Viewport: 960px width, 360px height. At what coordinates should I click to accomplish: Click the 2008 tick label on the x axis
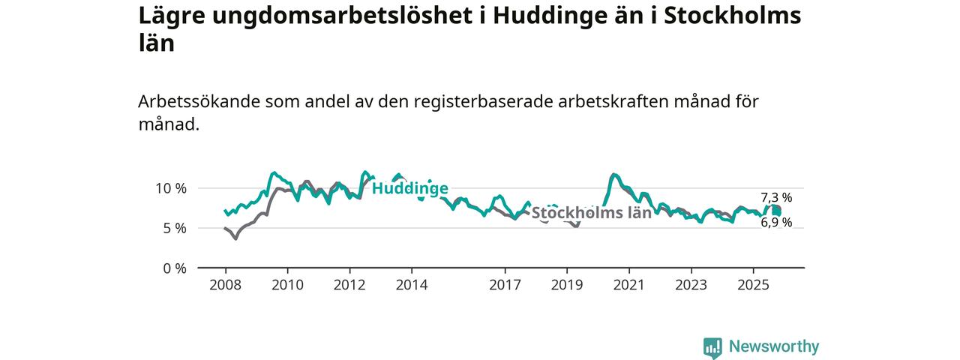pos(225,285)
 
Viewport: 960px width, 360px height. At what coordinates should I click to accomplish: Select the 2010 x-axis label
pos(287,285)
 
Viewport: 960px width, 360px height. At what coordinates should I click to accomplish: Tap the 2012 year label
pos(349,285)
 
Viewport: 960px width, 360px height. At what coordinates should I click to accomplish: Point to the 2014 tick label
pos(412,285)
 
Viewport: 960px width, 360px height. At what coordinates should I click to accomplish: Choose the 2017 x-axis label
pos(505,285)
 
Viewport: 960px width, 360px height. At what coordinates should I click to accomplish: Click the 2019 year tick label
pos(567,285)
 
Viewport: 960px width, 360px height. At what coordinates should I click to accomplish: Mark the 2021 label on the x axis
pos(628,285)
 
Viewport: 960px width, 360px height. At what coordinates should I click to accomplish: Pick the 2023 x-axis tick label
pos(691,285)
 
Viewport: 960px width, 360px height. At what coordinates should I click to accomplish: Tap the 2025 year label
pos(753,285)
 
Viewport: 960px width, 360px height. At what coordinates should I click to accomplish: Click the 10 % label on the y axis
pos(172,188)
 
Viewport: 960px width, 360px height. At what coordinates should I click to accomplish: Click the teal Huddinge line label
pos(409,188)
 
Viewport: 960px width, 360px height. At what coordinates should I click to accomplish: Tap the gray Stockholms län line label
pos(591,212)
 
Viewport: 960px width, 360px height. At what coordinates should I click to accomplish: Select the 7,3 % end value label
pos(776,198)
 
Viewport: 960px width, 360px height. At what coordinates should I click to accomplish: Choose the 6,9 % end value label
pos(776,223)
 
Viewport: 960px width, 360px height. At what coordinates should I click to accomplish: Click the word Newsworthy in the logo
pos(774,346)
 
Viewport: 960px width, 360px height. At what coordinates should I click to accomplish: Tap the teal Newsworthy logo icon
pos(712,347)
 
